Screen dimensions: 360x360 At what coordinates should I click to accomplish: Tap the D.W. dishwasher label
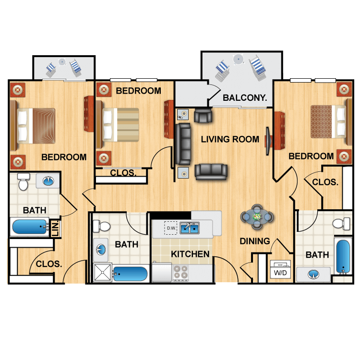tap(170, 228)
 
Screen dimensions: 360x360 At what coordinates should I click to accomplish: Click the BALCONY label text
tap(245, 98)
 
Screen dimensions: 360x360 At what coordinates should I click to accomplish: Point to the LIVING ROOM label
tap(230, 139)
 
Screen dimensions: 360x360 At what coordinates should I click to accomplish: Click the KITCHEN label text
tap(190, 254)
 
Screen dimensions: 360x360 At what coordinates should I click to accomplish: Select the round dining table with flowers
tap(256, 217)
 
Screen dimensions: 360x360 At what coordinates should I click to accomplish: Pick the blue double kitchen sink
tap(190, 228)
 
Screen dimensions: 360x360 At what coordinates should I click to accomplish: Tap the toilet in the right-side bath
tap(341, 222)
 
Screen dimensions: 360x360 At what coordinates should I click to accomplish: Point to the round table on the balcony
tap(238, 59)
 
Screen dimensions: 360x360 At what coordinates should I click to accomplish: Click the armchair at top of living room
tap(203, 115)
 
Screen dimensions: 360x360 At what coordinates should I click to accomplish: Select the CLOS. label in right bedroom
tap(325, 182)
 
